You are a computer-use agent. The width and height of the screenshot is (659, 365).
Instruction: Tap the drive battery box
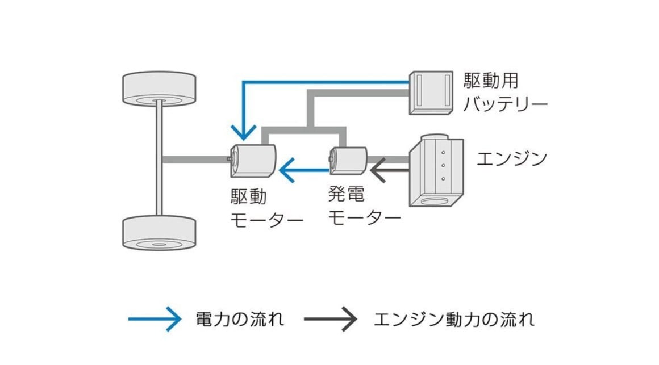point(431,92)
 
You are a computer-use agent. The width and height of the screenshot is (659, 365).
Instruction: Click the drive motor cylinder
point(253,161)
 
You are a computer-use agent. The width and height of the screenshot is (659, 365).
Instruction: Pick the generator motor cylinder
point(348,160)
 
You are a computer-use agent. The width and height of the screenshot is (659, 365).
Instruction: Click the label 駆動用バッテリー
point(504,93)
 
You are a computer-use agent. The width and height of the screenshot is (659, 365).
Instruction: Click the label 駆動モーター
point(265,208)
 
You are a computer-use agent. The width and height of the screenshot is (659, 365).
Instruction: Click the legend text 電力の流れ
point(239,319)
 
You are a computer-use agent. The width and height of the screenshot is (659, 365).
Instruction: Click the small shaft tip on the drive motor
point(228,160)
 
